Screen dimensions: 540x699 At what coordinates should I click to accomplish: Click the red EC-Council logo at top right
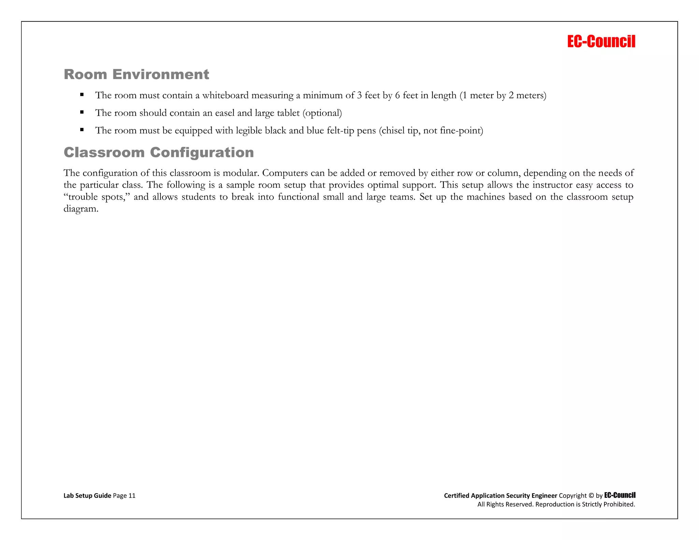tap(601, 42)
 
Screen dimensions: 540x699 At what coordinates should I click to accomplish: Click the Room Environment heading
tap(136, 74)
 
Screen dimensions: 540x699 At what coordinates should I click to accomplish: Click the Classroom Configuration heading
tap(159, 152)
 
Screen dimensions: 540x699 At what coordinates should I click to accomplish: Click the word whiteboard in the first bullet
tap(225, 95)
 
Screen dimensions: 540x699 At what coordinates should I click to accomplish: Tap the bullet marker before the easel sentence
tap(82, 112)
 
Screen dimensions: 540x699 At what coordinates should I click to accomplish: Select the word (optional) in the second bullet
tap(322, 113)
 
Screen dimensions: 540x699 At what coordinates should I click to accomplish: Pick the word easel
tap(225, 113)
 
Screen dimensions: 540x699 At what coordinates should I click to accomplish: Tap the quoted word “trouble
tap(81, 197)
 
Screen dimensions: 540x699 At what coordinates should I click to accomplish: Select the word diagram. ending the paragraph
tap(81, 209)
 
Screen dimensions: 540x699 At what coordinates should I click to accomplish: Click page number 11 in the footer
tap(132, 496)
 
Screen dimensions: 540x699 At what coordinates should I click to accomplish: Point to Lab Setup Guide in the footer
tap(87, 496)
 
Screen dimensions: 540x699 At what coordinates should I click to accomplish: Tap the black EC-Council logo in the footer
tap(619, 495)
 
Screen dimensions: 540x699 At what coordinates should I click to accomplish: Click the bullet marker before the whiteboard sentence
tap(82, 95)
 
